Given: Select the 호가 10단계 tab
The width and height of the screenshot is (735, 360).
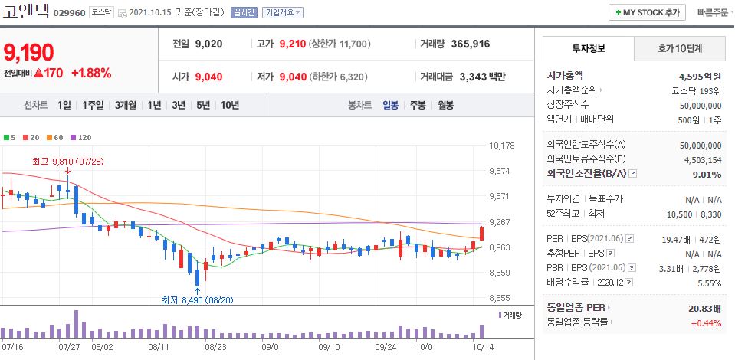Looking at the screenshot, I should (x=680, y=48).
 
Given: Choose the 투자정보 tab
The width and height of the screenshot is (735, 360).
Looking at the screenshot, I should (x=588, y=48).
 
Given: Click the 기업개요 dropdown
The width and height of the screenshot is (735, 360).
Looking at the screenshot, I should (x=283, y=13).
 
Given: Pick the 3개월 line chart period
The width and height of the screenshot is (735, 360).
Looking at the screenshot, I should (x=125, y=105).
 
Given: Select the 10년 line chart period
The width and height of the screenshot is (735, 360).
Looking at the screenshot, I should (x=229, y=105).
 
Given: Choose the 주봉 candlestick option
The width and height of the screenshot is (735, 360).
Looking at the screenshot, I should (x=417, y=105).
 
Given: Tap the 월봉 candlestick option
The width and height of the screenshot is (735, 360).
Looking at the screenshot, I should (x=445, y=105).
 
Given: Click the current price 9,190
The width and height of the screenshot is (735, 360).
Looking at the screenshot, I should (x=29, y=52).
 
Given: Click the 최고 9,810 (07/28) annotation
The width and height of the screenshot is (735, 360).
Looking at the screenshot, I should (x=67, y=162).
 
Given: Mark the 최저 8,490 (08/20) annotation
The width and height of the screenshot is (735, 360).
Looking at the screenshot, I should (x=198, y=299).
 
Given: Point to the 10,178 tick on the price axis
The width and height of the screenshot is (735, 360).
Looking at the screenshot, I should (x=501, y=146).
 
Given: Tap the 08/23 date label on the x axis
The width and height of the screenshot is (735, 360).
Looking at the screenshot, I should (x=215, y=347).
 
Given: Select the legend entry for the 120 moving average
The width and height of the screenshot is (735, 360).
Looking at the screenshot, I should (x=81, y=137).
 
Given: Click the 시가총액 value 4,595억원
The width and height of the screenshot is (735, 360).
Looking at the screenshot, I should (x=700, y=76).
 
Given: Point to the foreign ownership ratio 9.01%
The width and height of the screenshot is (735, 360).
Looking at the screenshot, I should (x=706, y=175).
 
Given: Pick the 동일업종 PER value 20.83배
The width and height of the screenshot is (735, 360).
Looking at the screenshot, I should (x=704, y=307).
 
